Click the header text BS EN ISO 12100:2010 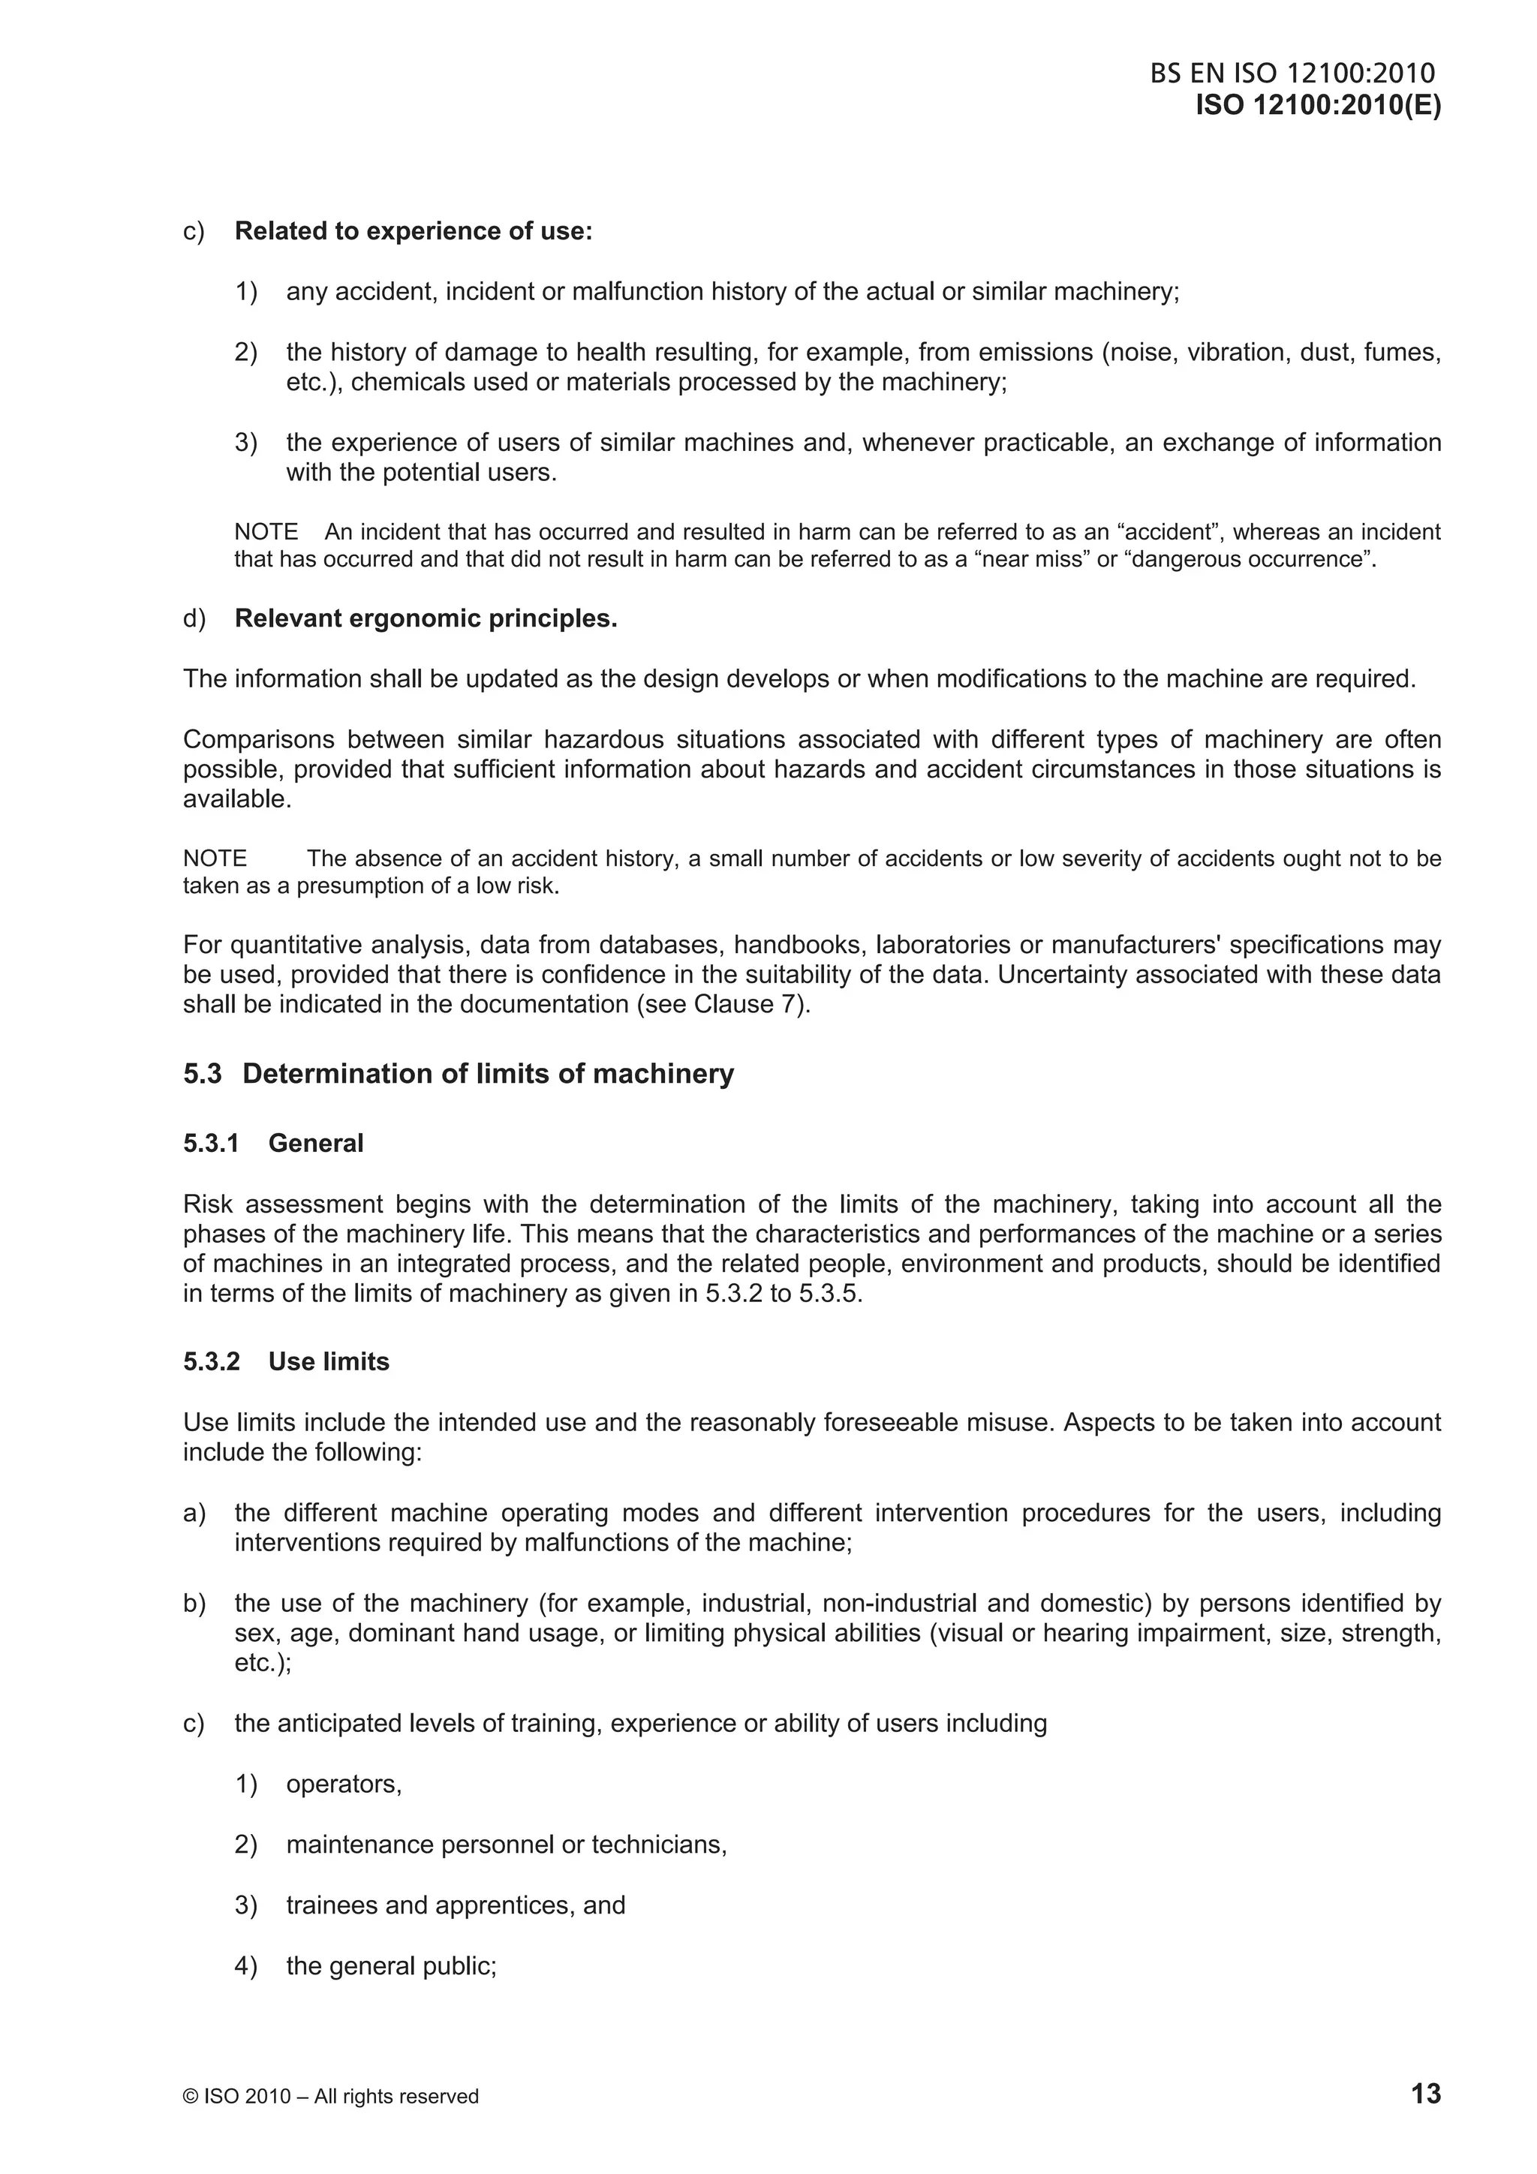pyautogui.click(x=1292, y=74)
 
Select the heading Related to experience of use pyautogui.click(x=413, y=231)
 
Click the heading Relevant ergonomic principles pyautogui.click(x=426, y=618)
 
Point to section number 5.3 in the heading pyautogui.click(x=203, y=1074)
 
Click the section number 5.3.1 pyautogui.click(x=211, y=1143)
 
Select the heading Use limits pyautogui.click(x=329, y=1361)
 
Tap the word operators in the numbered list pyautogui.click(x=343, y=1784)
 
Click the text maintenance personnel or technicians pyautogui.click(x=506, y=1845)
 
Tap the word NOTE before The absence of pyautogui.click(x=215, y=858)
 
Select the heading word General pyautogui.click(x=315, y=1143)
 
